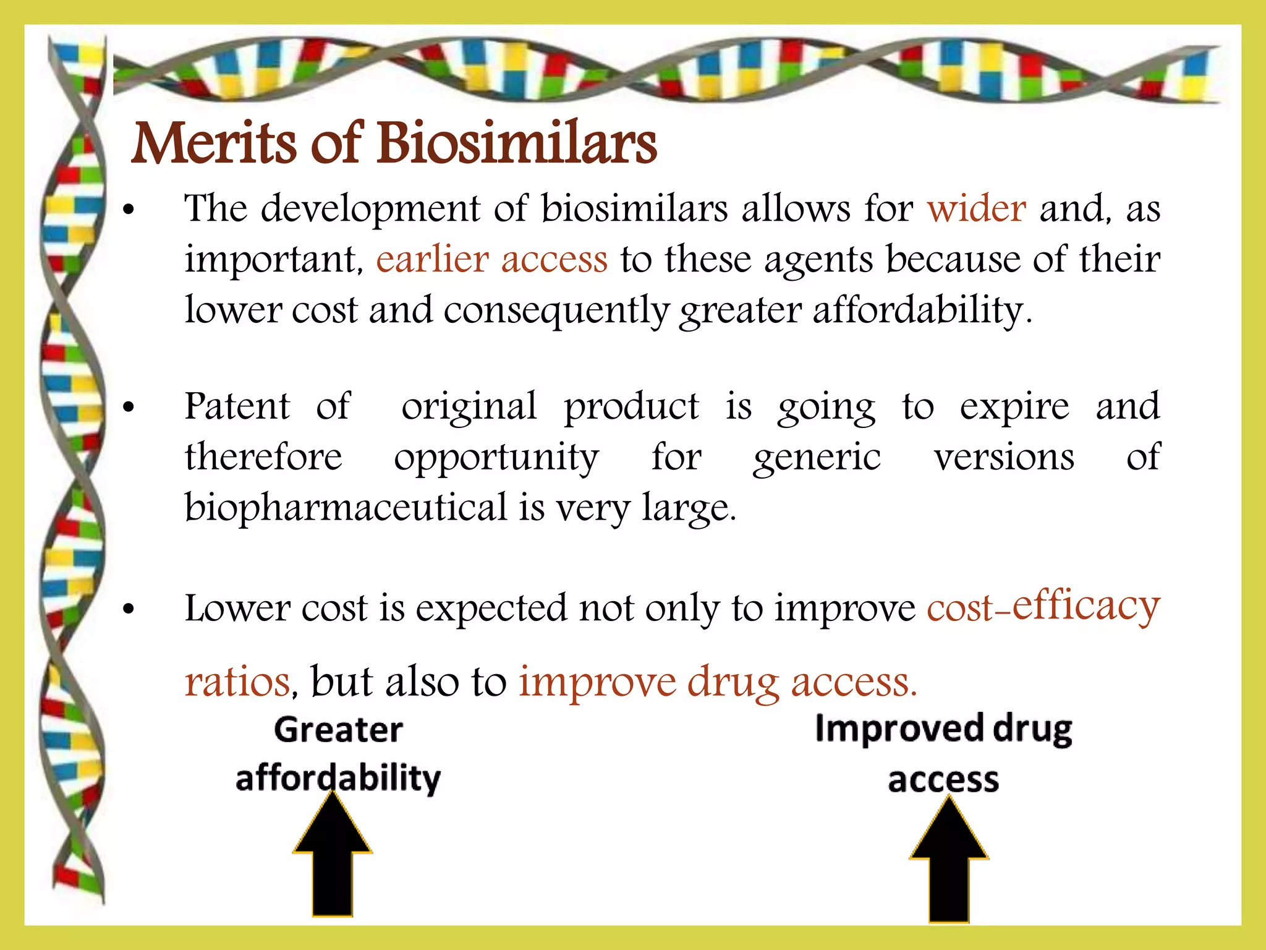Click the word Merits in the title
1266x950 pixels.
(x=214, y=143)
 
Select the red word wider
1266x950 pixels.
(x=976, y=208)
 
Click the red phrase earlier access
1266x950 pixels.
(x=491, y=259)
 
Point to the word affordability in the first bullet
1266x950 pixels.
(x=917, y=310)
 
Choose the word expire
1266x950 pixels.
(x=1014, y=408)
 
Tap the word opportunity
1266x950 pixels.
(x=496, y=458)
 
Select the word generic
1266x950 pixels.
(x=817, y=458)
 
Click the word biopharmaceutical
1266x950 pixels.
(x=346, y=508)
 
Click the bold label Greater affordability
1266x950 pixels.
(x=338, y=754)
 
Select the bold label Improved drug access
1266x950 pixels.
(x=943, y=754)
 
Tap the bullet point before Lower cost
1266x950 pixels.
(x=129, y=609)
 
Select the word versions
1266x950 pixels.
(x=1004, y=458)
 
